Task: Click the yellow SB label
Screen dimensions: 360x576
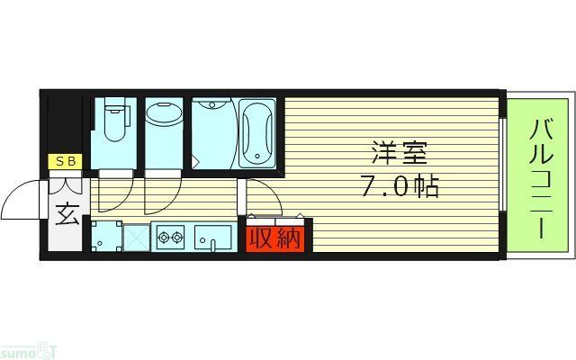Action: (x=66, y=162)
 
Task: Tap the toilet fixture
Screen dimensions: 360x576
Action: (x=114, y=121)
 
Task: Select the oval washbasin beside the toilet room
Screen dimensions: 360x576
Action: (x=164, y=115)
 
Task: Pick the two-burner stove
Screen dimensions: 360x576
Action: (x=169, y=239)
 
